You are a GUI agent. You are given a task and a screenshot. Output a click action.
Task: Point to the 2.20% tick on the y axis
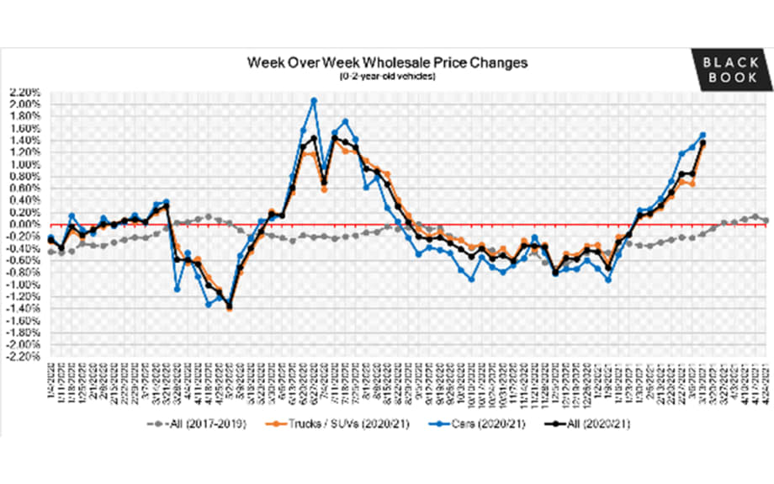pyautogui.click(x=25, y=93)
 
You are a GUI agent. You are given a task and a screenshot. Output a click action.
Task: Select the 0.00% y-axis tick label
pyautogui.click(x=25, y=225)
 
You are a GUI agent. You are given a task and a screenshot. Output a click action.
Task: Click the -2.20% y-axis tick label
pyautogui.click(x=24, y=357)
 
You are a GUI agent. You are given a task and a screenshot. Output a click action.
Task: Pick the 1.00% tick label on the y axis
pyautogui.click(x=25, y=165)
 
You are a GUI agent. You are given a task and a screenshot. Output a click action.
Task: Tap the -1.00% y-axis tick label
pyautogui.click(x=24, y=285)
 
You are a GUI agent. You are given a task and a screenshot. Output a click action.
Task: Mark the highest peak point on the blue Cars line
pyautogui.click(x=314, y=100)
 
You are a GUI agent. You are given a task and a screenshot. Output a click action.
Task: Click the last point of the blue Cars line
pyautogui.click(x=702, y=135)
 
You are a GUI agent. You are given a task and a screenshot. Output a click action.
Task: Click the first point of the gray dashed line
pyautogui.click(x=50, y=252)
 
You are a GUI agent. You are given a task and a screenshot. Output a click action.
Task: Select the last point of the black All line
pyautogui.click(x=702, y=143)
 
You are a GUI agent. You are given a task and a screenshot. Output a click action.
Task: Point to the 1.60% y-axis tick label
pyautogui.click(x=25, y=129)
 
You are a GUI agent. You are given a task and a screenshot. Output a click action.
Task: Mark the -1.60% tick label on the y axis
pyautogui.click(x=24, y=322)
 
